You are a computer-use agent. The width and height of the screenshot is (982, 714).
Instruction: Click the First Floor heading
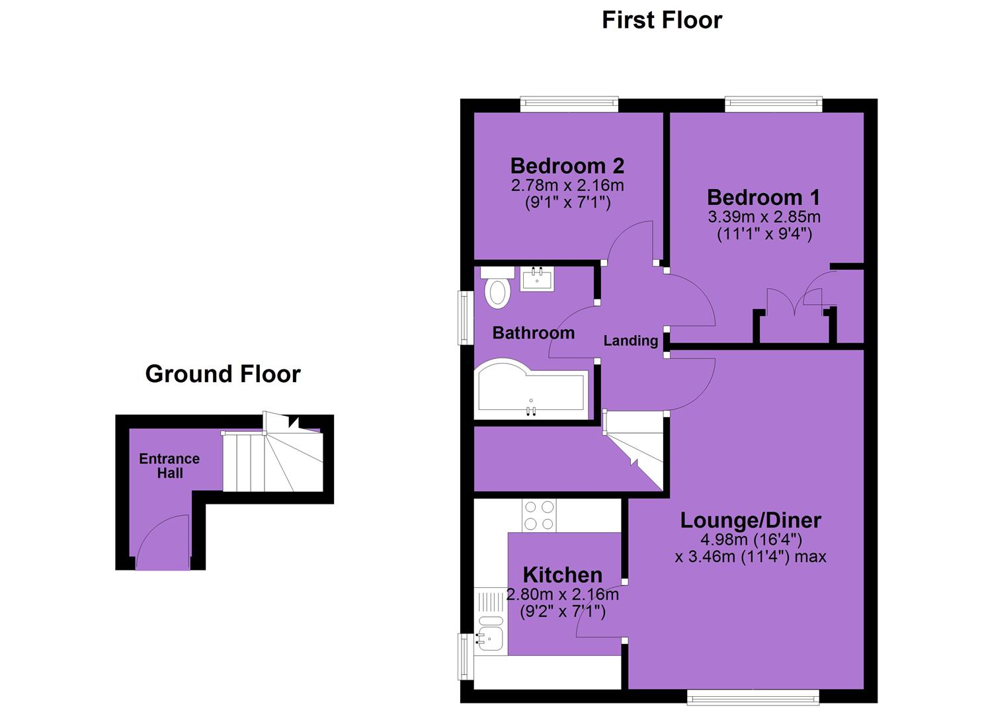pyautogui.click(x=662, y=20)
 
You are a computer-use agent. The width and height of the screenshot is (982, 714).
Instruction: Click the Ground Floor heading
pyautogui.click(x=223, y=374)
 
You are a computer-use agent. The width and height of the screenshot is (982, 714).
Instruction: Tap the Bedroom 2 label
pyautogui.click(x=567, y=166)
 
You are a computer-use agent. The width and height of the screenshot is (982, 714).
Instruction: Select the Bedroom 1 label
pyautogui.click(x=763, y=197)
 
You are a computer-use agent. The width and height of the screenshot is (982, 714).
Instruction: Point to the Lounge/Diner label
pyautogui.click(x=751, y=520)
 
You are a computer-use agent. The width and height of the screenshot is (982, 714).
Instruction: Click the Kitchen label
pyautogui.click(x=563, y=575)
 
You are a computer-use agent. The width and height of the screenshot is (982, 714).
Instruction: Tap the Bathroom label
pyautogui.click(x=534, y=333)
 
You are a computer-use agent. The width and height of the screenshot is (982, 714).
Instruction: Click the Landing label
pyautogui.click(x=631, y=340)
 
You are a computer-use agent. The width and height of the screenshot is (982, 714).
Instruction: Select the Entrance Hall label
pyautogui.click(x=170, y=466)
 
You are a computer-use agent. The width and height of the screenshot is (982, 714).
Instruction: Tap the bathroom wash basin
pyautogui.click(x=537, y=279)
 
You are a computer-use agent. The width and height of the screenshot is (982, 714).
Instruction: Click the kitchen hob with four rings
pyautogui.click(x=539, y=516)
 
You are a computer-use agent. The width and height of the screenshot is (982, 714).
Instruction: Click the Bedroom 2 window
pyautogui.click(x=569, y=104)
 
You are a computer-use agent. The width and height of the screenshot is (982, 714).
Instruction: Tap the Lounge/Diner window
pyautogui.click(x=753, y=697)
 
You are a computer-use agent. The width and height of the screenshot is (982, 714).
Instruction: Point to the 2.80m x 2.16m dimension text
pyautogui.click(x=563, y=594)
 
